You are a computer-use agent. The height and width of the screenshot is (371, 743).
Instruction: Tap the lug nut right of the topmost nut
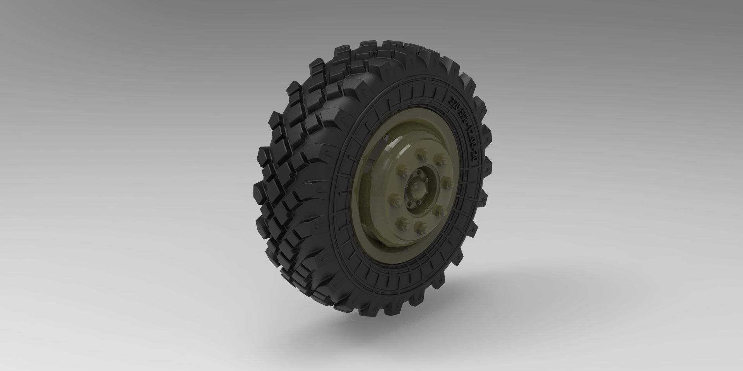click(x=438, y=157)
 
